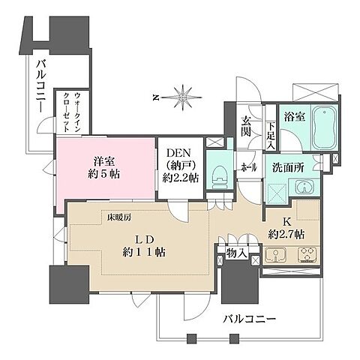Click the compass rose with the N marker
[x=183, y=96]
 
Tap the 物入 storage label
[x=237, y=254]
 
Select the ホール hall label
[x=246, y=169]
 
